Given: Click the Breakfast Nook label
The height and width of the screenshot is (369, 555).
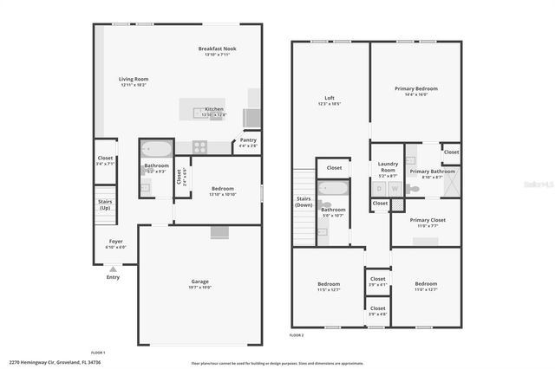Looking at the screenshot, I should click(x=217, y=49).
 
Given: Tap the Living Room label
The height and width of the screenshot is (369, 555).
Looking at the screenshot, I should click(x=134, y=80).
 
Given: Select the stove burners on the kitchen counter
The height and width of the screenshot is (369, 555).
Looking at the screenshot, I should click(x=199, y=146).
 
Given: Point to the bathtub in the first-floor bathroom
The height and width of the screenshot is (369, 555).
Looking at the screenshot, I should click(x=158, y=147).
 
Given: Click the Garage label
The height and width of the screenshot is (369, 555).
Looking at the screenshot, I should click(x=200, y=282).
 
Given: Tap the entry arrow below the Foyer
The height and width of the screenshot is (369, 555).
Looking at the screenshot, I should click(x=114, y=268).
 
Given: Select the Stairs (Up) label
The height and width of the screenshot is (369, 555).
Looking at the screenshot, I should click(x=105, y=204).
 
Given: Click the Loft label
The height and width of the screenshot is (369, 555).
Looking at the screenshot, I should click(x=330, y=98).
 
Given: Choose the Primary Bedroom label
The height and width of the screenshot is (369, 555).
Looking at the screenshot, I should click(x=416, y=88).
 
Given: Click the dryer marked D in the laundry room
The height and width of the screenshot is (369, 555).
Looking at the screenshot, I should click(x=380, y=188).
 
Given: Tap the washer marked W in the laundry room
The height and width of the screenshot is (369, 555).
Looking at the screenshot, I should click(x=395, y=188).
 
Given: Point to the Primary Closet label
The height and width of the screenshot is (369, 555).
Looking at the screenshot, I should click(x=428, y=220).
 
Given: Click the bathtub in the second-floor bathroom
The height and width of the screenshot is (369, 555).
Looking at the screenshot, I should click(x=334, y=188).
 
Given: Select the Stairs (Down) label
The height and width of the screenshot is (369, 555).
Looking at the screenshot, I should click(x=304, y=201).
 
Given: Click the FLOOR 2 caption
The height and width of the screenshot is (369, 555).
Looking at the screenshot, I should click(x=297, y=334).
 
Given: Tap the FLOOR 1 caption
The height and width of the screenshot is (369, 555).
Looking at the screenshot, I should click(x=98, y=352).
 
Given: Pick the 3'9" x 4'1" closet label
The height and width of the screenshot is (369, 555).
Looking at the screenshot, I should click(x=377, y=281).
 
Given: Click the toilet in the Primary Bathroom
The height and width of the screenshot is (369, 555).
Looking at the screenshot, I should click(x=415, y=188).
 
